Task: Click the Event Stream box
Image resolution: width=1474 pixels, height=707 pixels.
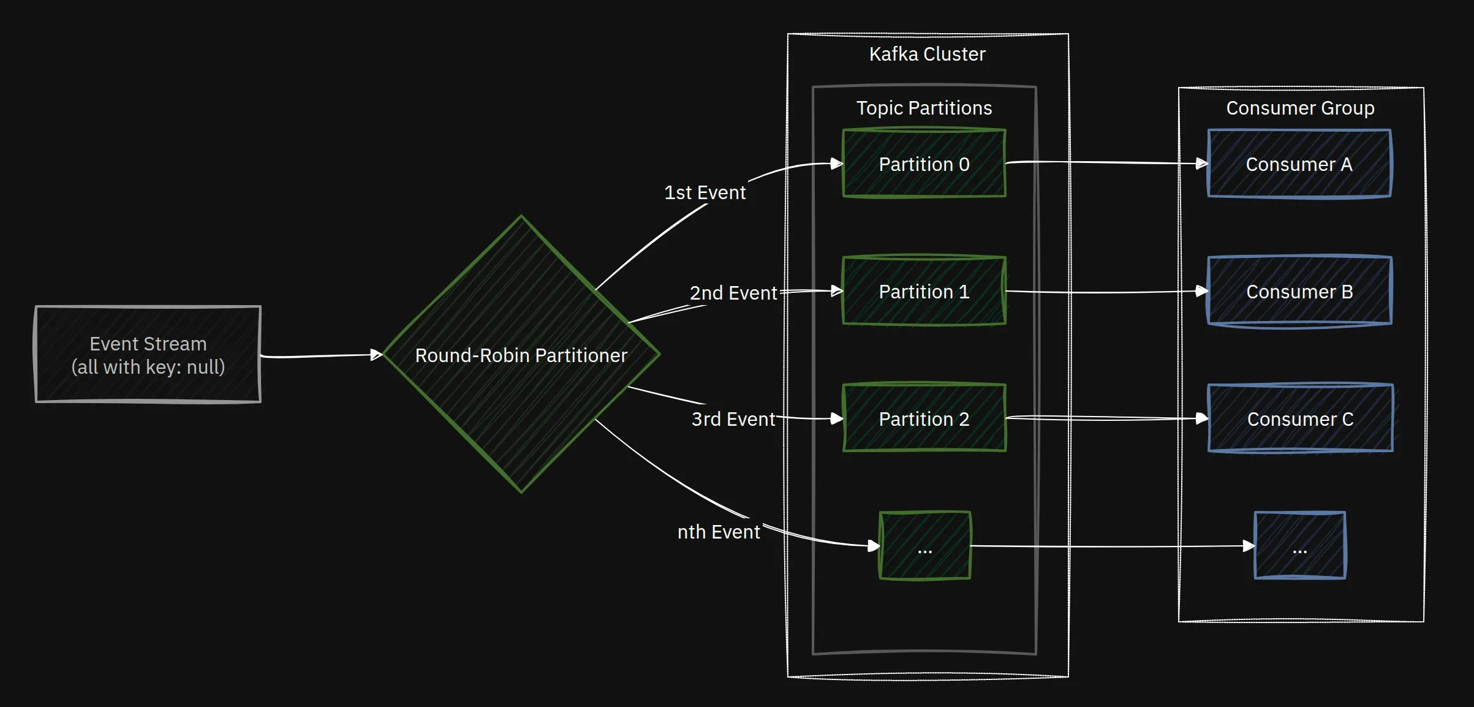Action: [x=148, y=354]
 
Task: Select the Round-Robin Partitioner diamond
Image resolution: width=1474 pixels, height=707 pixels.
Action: [x=521, y=354]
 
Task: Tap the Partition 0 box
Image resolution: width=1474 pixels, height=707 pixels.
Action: [x=924, y=164]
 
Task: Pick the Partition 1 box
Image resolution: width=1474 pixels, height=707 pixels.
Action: [x=924, y=291]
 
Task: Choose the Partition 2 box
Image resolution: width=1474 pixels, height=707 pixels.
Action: [x=924, y=418]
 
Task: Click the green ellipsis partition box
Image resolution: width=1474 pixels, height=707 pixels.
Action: [x=925, y=545]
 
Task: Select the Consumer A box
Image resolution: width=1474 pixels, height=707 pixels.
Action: [x=1299, y=164]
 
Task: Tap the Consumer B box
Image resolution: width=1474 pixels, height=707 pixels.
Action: [x=1299, y=291]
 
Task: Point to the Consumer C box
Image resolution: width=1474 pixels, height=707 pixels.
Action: [x=1300, y=418]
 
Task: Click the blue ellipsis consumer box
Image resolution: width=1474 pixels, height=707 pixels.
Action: [x=1300, y=545]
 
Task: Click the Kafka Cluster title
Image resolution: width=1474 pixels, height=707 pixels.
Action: [x=927, y=54]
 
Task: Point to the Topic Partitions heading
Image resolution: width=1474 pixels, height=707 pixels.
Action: [x=924, y=108]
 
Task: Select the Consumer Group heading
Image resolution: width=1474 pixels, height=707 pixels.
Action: [x=1300, y=108]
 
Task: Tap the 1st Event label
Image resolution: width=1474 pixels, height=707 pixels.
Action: [x=705, y=192]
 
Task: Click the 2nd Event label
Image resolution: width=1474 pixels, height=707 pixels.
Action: [x=733, y=293]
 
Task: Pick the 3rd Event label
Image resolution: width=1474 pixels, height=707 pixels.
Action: [x=733, y=419]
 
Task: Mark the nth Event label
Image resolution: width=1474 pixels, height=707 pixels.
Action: [x=718, y=532]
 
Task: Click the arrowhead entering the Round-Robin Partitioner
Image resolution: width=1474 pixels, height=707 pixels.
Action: [x=376, y=355]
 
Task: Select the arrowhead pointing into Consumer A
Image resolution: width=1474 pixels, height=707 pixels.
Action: [x=1201, y=164]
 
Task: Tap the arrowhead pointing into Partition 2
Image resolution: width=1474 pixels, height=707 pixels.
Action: [x=837, y=418]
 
